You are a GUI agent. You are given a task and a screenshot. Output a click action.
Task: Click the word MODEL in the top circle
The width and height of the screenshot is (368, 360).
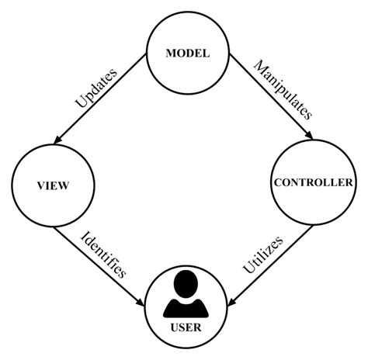coord(188,54)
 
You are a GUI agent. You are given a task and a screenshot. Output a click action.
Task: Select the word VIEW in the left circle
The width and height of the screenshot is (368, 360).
coord(54,185)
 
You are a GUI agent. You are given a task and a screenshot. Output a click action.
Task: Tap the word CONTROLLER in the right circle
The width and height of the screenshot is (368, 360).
coord(314,183)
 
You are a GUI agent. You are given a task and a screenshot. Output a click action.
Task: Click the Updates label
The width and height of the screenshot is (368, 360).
coord(95,88)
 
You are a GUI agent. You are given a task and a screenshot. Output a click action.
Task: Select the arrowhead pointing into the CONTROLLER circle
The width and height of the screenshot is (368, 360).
coord(311,138)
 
